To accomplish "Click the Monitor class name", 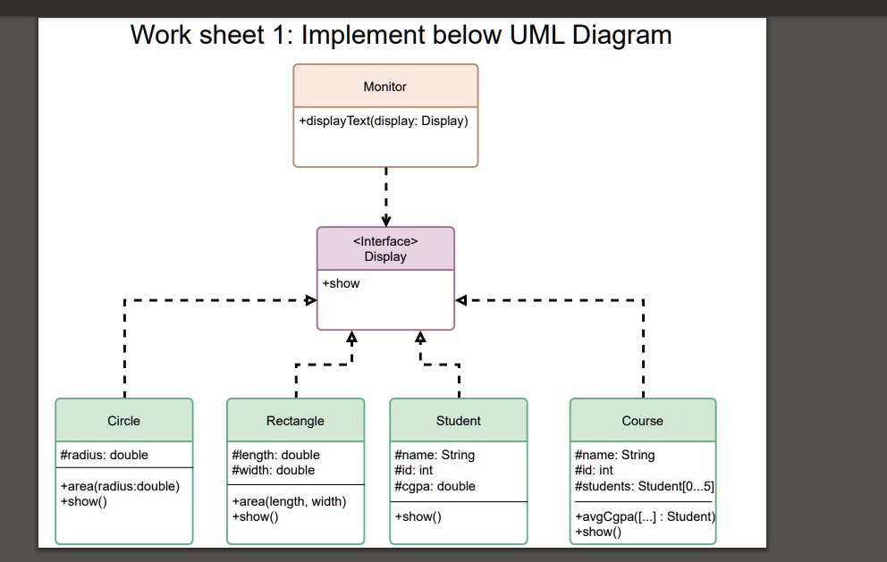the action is (x=384, y=87).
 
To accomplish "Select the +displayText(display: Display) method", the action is (x=384, y=121).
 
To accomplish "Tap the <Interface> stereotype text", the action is (x=385, y=241).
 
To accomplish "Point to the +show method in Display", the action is (x=341, y=283).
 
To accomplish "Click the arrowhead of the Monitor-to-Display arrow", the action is (x=385, y=221).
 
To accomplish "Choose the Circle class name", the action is (x=123, y=421).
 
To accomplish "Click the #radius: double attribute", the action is (x=104, y=455).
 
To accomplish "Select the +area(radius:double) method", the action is (x=120, y=486).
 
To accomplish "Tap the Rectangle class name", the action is (x=295, y=421).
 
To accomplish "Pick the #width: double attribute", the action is (x=274, y=470).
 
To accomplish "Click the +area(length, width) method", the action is (x=289, y=501).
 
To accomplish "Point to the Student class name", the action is (x=458, y=421).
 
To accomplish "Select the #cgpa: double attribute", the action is (x=435, y=486).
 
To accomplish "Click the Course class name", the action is (x=642, y=421).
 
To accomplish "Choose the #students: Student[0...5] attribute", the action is (x=645, y=486).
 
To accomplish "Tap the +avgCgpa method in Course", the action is (x=646, y=516).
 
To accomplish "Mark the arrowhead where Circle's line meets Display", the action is (x=311, y=300).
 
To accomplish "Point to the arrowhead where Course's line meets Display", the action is (x=461, y=300).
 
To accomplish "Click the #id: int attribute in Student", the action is (x=413, y=470).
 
